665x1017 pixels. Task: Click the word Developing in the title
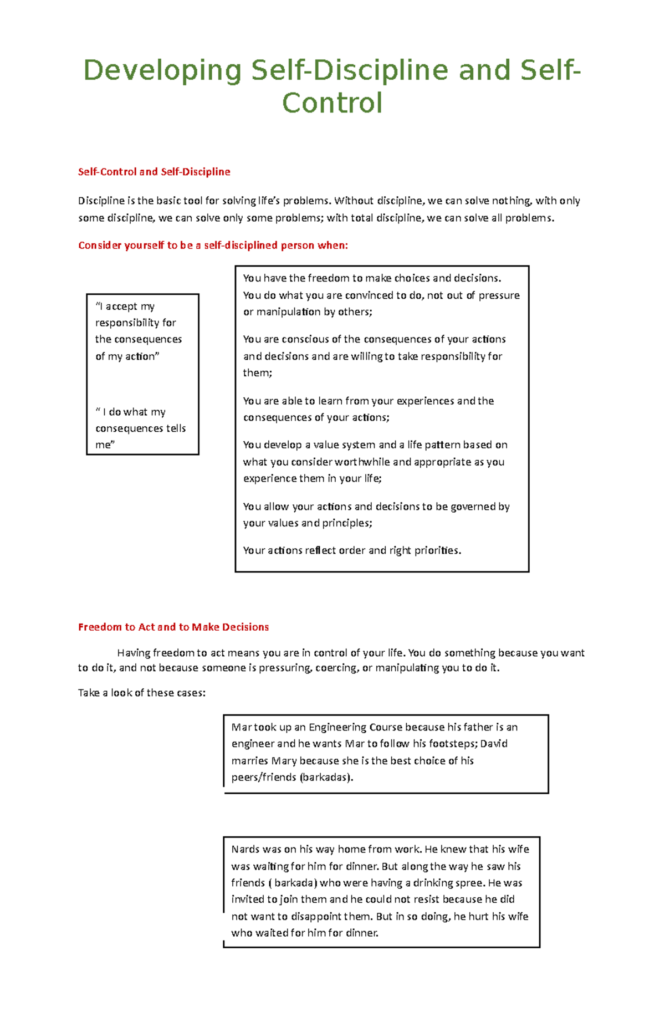coord(162,71)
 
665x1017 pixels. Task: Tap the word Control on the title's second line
coord(332,103)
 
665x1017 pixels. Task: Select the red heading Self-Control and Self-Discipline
coord(154,172)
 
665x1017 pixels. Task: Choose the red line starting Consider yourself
coord(213,246)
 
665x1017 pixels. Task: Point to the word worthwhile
coord(362,462)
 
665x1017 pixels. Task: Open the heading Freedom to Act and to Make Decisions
coord(173,627)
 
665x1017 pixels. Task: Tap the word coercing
coord(336,668)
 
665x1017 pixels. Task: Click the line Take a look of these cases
coord(142,693)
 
